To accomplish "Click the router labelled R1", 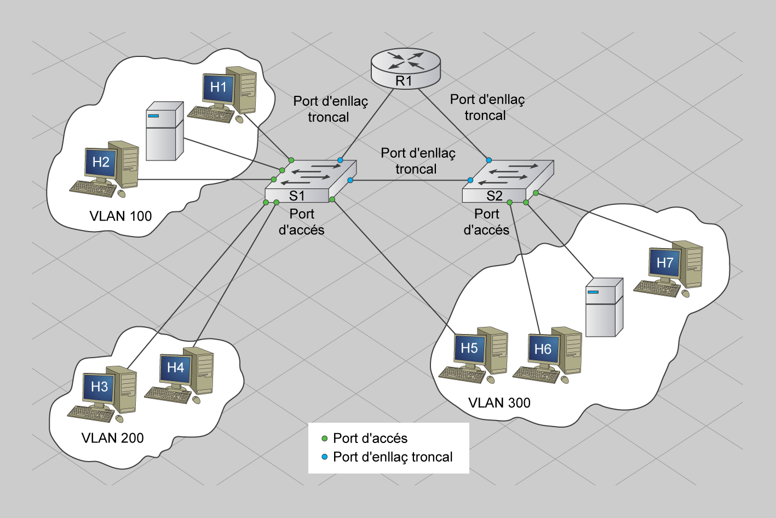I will click(x=405, y=67).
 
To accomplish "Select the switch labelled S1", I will click(x=310, y=181).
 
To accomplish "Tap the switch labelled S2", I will click(x=507, y=181).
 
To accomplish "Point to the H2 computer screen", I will click(x=101, y=163).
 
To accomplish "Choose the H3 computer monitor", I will click(x=99, y=387).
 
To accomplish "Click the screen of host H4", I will click(x=175, y=368).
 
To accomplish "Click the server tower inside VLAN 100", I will click(x=164, y=131).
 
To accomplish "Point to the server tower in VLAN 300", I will click(x=604, y=307).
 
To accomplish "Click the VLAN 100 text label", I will click(x=120, y=216).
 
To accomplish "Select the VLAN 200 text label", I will click(x=112, y=438).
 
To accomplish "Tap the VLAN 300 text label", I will click(x=499, y=403).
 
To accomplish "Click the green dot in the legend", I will click(x=324, y=439).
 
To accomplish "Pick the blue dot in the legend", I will click(x=324, y=457).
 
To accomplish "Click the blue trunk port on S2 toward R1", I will click(x=488, y=160).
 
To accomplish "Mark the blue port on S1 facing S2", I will click(x=350, y=180).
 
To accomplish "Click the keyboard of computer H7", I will click(x=656, y=287).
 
